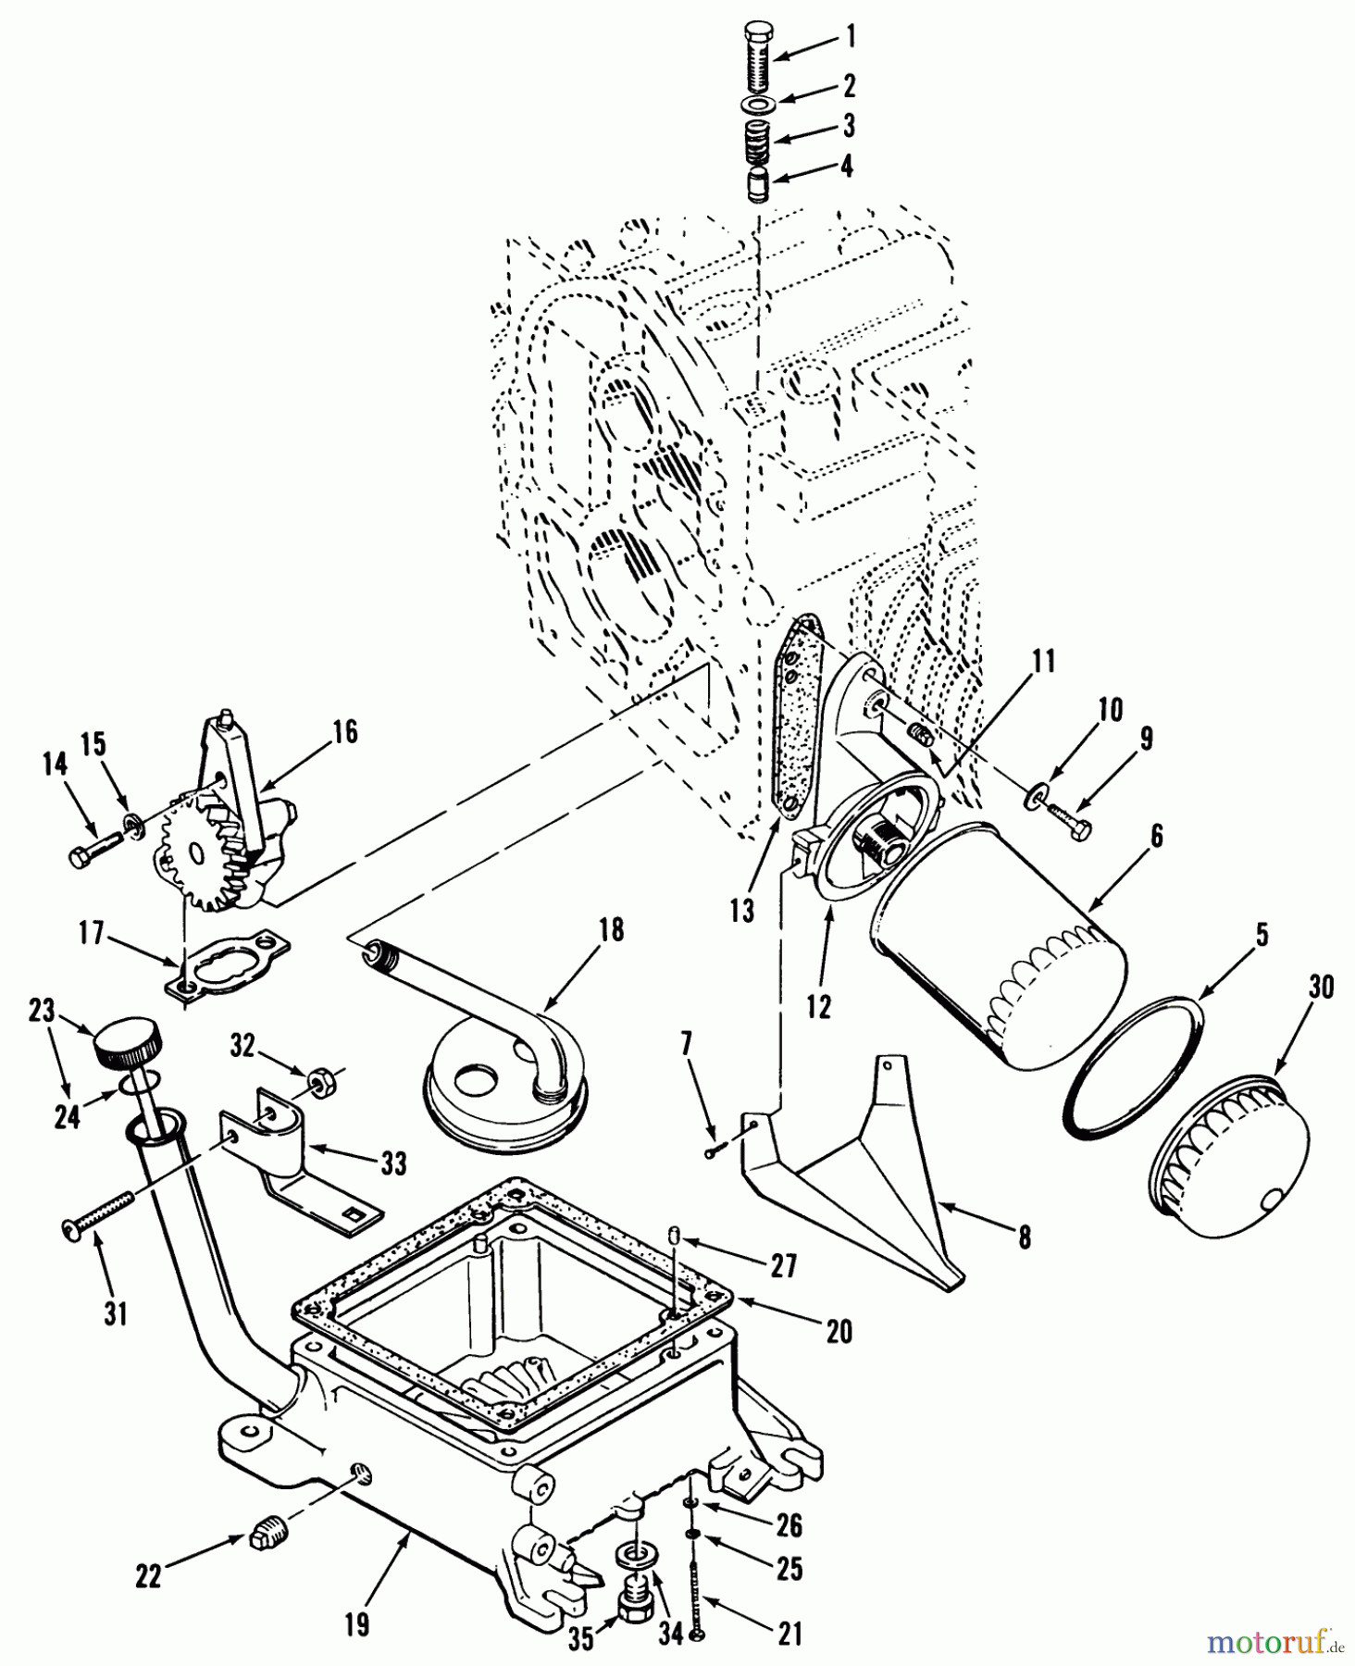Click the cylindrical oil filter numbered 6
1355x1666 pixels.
coord(1000,935)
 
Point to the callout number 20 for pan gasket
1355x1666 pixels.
coord(839,1330)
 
